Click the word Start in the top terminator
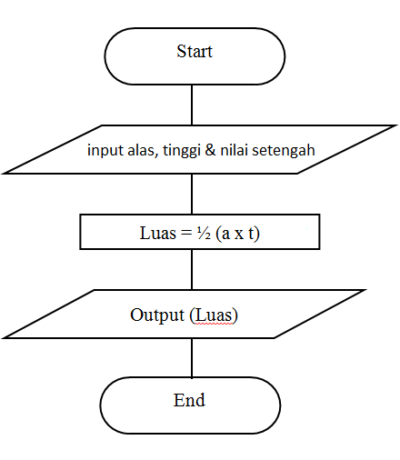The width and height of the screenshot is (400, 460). click(x=194, y=52)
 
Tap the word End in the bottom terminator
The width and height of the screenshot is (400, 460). click(x=189, y=400)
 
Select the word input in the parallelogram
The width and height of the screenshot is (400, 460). click(x=105, y=150)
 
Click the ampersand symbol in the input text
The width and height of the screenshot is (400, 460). click(x=211, y=150)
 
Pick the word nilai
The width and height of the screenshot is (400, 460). click(x=235, y=150)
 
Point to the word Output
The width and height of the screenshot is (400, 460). click(x=156, y=315)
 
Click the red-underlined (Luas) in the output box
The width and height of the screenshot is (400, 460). click(x=213, y=315)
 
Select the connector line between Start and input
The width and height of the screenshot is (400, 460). click(x=192, y=105)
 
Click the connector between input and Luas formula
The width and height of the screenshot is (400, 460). click(x=192, y=194)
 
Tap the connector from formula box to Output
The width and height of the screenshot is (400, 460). click(x=192, y=269)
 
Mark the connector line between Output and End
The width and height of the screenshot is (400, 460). click(x=192, y=358)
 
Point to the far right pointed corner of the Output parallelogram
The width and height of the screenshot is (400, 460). click(x=365, y=291)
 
